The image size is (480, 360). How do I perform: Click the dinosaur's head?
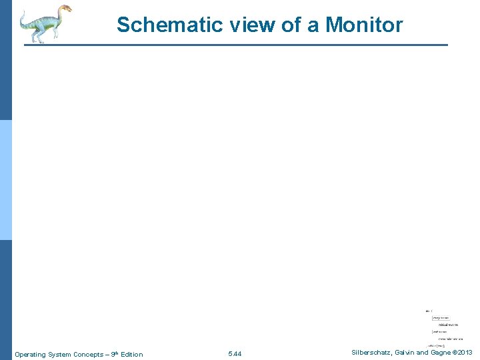pos(64,10)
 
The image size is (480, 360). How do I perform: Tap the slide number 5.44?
pos(235,353)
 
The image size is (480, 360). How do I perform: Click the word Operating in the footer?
pos(29,354)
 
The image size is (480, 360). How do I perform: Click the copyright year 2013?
pos(465,352)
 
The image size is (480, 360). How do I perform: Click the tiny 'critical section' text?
pos(448,325)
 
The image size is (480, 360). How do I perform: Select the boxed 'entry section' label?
pos(441,318)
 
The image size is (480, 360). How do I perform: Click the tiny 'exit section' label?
pos(439,331)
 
